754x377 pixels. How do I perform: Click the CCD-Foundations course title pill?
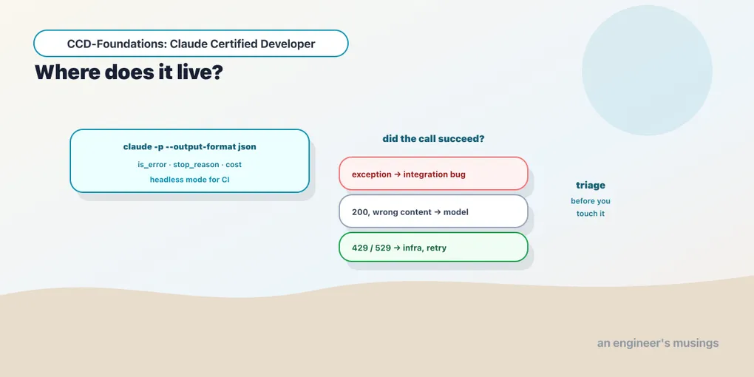click(191, 44)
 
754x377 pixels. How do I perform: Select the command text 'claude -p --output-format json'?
click(189, 146)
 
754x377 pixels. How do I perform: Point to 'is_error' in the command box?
click(152, 164)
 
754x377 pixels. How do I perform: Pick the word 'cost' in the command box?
click(233, 164)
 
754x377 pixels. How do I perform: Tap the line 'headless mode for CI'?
click(189, 180)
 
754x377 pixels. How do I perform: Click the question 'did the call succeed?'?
click(433, 139)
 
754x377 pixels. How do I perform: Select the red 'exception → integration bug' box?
click(433, 174)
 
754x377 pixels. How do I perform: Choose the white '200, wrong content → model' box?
click(433, 211)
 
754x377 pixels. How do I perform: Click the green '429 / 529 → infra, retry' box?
click(433, 247)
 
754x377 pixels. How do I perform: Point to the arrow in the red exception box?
click(397, 174)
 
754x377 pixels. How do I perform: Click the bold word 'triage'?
click(591, 185)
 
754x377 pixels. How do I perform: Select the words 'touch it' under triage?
click(591, 214)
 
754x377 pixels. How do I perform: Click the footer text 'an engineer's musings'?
click(658, 343)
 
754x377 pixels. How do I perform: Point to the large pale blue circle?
click(647, 70)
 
